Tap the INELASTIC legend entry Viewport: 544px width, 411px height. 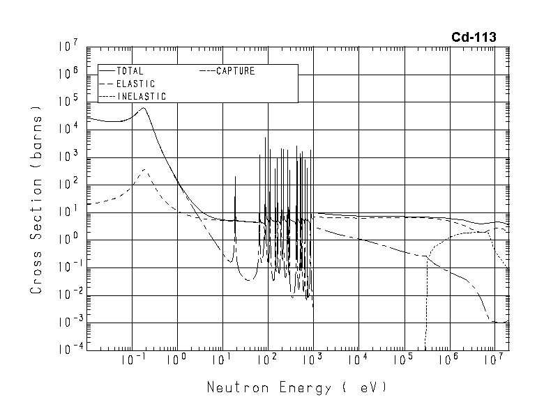[140, 96]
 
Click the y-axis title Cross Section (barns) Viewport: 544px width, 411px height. [37, 199]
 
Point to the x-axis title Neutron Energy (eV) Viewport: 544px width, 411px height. [296, 387]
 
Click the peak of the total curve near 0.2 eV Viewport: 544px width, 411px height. [143, 108]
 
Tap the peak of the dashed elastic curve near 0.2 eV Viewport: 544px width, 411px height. [144, 169]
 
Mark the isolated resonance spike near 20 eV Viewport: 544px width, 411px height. [235, 178]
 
